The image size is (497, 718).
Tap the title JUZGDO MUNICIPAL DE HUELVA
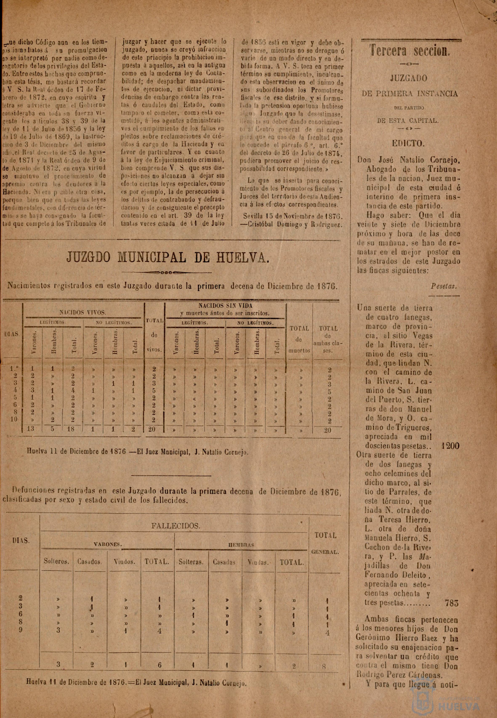[x=167, y=257]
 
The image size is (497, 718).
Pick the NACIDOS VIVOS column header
[x=83, y=312]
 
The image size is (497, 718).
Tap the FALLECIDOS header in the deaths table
[x=175, y=526]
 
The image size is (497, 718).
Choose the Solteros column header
[x=56, y=562]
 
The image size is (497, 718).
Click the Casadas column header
[x=224, y=562]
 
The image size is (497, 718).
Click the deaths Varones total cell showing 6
[x=159, y=664]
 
